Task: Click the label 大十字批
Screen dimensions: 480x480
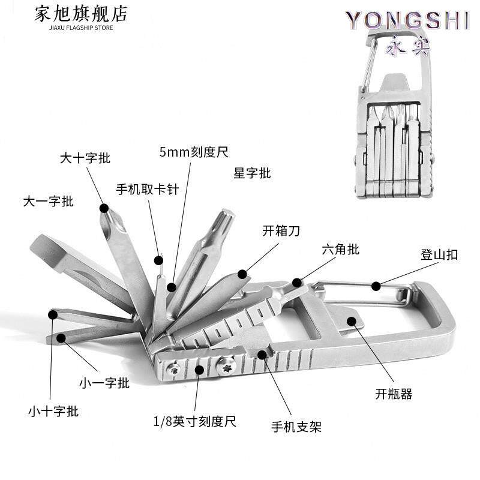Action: [x=85, y=158]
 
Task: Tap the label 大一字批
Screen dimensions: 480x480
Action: [x=48, y=201]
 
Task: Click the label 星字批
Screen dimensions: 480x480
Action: [x=252, y=173]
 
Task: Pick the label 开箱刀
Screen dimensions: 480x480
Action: [x=281, y=230]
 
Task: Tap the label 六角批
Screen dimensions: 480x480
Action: [x=340, y=249]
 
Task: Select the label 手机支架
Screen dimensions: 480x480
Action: [x=296, y=427]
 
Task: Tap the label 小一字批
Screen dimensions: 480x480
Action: [x=104, y=382]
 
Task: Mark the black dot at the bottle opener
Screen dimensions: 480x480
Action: [x=352, y=322]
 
